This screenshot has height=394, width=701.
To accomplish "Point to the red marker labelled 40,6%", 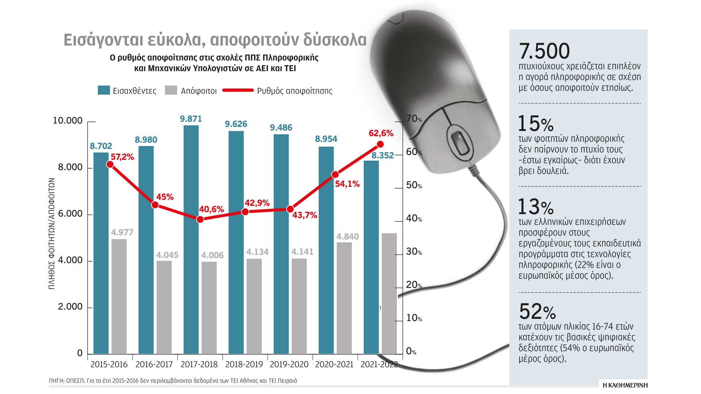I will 200,219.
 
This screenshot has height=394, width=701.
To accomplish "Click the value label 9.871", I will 191,119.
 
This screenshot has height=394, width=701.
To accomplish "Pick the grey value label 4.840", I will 348,236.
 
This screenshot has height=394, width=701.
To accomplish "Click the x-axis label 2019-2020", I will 289,364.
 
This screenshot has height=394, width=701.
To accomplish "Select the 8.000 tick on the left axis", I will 70,167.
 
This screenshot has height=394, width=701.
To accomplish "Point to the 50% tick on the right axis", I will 414,185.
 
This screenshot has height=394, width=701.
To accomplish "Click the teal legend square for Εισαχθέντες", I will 104,90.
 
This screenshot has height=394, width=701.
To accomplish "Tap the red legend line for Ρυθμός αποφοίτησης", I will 238,90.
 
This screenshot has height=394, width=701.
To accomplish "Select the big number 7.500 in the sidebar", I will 544,51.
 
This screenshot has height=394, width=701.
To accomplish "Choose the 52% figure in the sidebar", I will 537,312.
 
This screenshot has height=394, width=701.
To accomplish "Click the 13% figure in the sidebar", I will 536,207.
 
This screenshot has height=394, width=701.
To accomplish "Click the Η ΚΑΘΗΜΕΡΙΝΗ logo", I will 625,385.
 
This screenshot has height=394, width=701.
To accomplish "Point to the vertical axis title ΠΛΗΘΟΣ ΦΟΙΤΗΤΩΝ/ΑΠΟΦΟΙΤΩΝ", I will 51,233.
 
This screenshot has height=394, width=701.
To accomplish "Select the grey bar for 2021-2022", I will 389,293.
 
